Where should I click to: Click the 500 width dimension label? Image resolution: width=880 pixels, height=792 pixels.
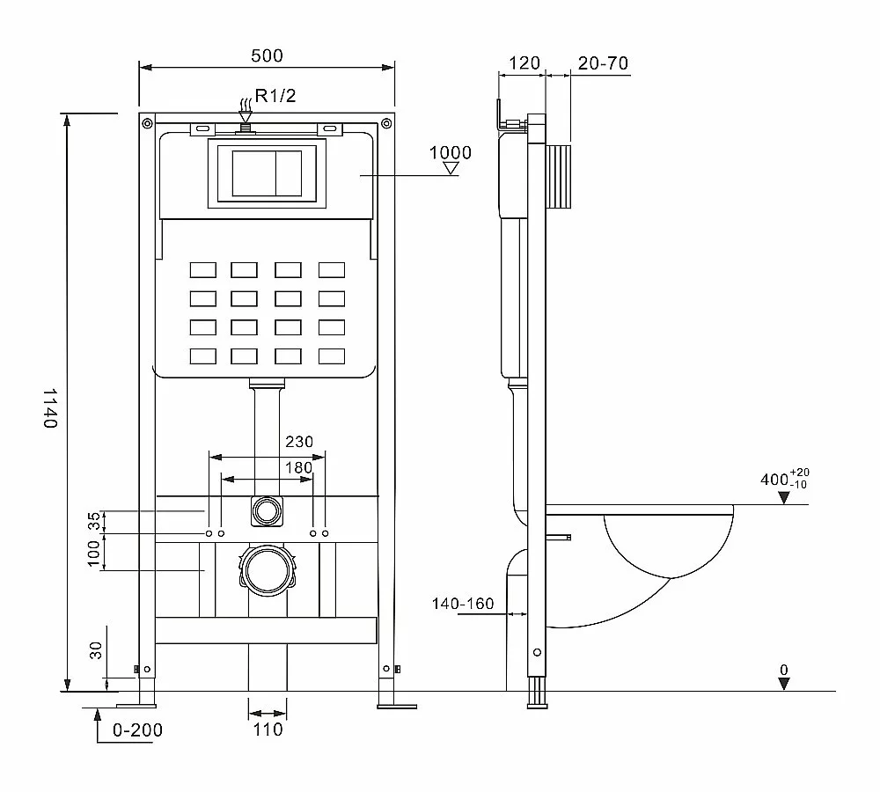[267, 55]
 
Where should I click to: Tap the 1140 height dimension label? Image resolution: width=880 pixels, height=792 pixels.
[50, 407]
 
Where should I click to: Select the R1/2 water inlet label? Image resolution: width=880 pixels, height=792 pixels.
[275, 96]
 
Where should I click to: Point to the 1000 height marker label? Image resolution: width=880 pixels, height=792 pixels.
[450, 152]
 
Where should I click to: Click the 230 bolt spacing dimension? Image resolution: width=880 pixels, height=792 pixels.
[298, 442]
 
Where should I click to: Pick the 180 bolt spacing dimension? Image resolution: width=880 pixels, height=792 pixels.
[298, 467]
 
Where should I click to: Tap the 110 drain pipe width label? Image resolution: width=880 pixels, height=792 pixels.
[268, 730]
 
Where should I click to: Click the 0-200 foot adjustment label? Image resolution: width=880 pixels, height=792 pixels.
[137, 730]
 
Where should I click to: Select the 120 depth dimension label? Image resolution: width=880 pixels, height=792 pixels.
[524, 62]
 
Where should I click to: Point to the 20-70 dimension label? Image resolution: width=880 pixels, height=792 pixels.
[603, 63]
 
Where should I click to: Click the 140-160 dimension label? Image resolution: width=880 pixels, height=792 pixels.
[463, 604]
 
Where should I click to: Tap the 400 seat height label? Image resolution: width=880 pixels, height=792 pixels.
[785, 478]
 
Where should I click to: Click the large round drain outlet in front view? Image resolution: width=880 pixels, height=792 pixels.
[268, 570]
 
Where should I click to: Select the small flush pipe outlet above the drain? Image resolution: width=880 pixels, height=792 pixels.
[268, 511]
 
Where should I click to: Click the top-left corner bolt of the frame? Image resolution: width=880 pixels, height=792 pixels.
[147, 123]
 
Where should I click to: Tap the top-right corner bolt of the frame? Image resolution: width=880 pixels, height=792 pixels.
[386, 123]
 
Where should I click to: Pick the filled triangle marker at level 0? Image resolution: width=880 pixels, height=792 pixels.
[784, 683]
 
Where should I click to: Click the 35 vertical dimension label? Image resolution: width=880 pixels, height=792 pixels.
[95, 521]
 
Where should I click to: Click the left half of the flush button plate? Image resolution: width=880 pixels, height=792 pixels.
[253, 173]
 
